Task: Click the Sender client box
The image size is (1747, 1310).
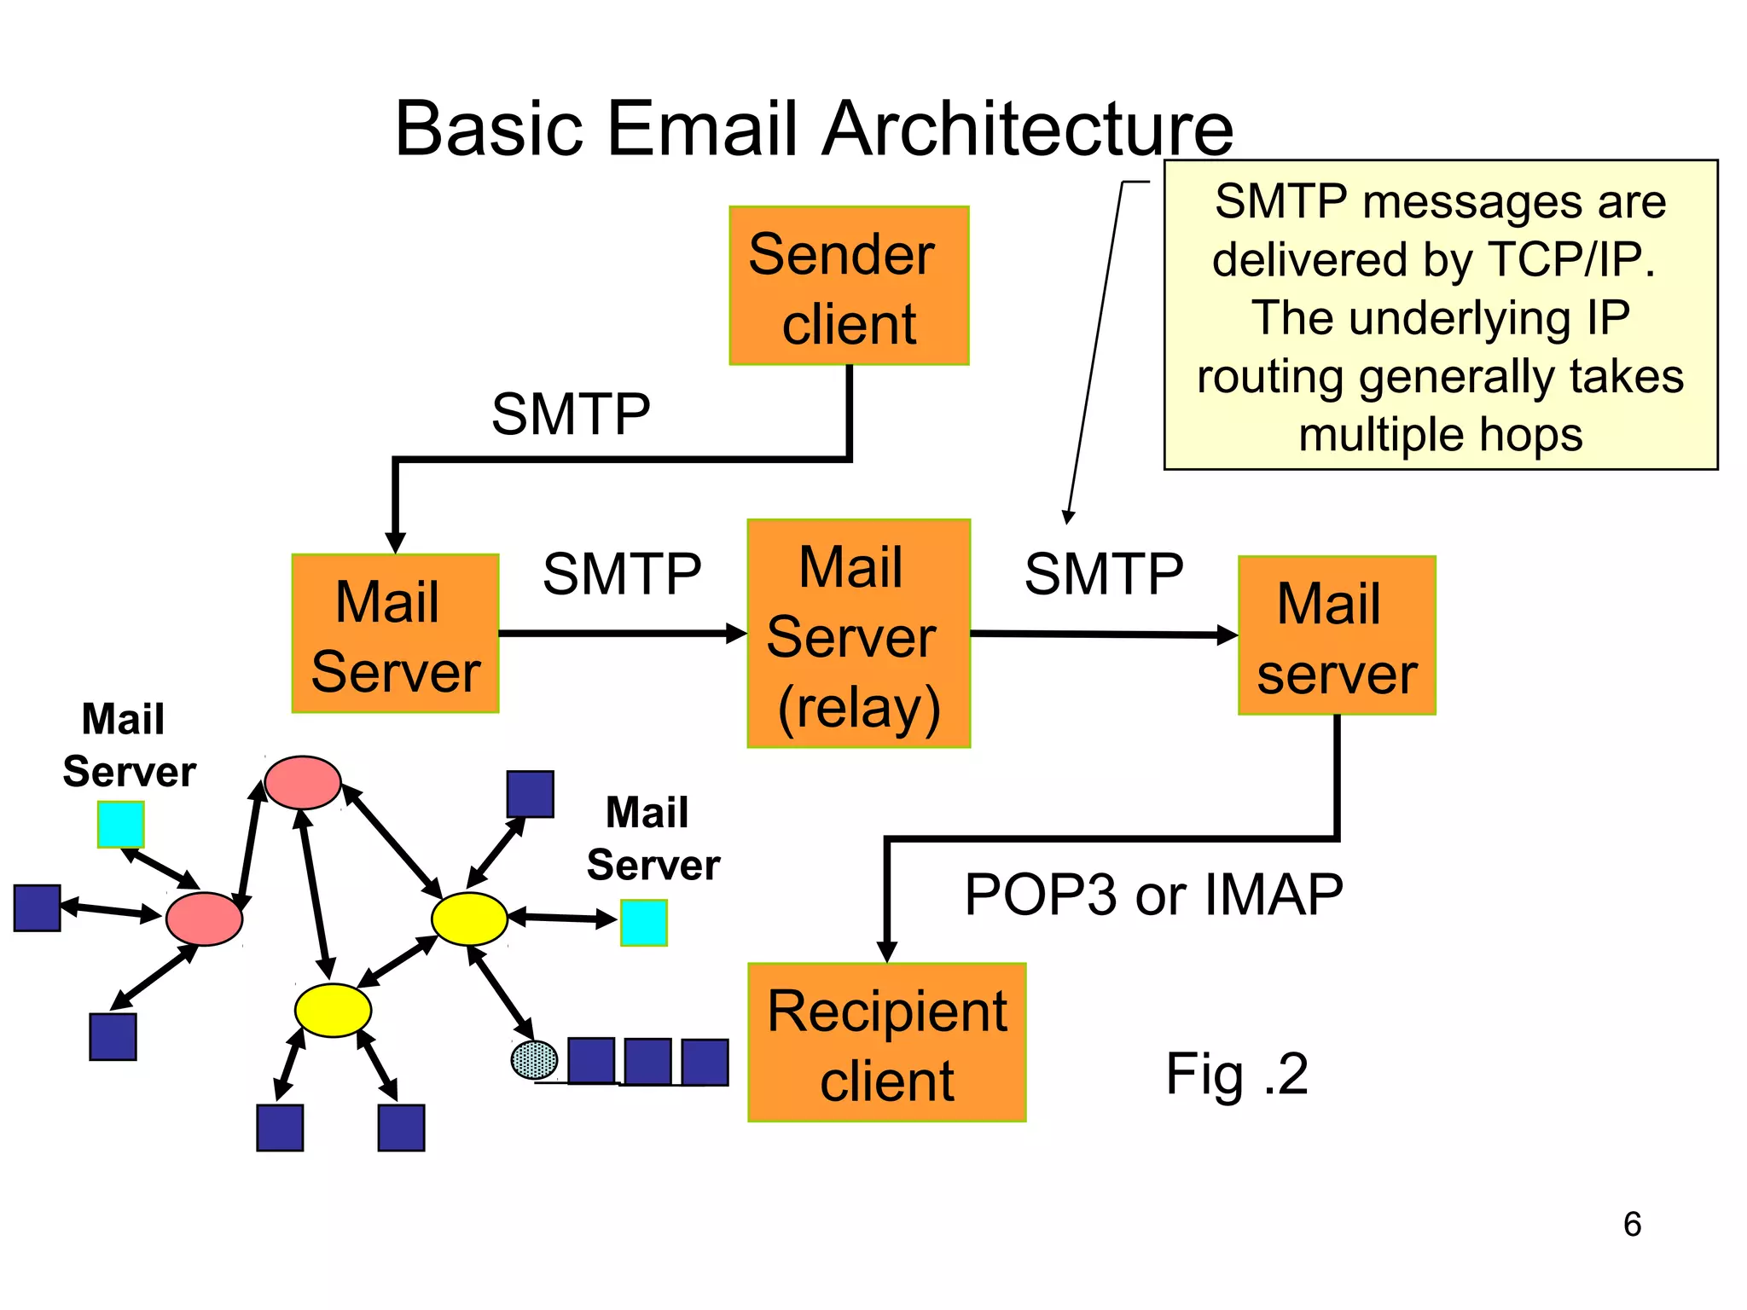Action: pyautogui.click(x=849, y=286)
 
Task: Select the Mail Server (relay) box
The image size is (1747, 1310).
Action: pyautogui.click(x=858, y=634)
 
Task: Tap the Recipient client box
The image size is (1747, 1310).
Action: pyautogui.click(x=886, y=1042)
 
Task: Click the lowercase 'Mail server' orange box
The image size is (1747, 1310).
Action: pyautogui.click(x=1337, y=635)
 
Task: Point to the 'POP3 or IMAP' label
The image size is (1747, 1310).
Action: pyautogui.click(x=1153, y=895)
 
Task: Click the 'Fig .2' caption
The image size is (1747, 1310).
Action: pyautogui.click(x=1236, y=1074)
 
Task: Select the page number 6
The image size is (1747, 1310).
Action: pyautogui.click(x=1632, y=1225)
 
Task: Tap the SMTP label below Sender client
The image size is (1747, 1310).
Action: pyautogui.click(x=571, y=414)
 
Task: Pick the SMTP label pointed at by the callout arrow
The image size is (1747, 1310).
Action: pyautogui.click(x=1103, y=573)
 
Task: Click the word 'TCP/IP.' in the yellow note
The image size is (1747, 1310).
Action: pyautogui.click(x=1570, y=259)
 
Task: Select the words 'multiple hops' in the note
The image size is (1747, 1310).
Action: pyautogui.click(x=1440, y=434)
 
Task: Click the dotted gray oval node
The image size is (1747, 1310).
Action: pyautogui.click(x=534, y=1060)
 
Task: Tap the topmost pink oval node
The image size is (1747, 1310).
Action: pyautogui.click(x=303, y=782)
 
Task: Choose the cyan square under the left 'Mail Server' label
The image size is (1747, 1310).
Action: pyautogui.click(x=120, y=825)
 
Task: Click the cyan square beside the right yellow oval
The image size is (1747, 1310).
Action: pyautogui.click(x=643, y=923)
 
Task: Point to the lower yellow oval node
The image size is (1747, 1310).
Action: pyautogui.click(x=333, y=1011)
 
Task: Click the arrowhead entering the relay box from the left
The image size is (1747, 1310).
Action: pyautogui.click(x=736, y=634)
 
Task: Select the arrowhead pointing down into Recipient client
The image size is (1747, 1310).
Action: pyautogui.click(x=886, y=952)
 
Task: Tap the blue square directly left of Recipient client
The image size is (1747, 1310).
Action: pyautogui.click(x=705, y=1062)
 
